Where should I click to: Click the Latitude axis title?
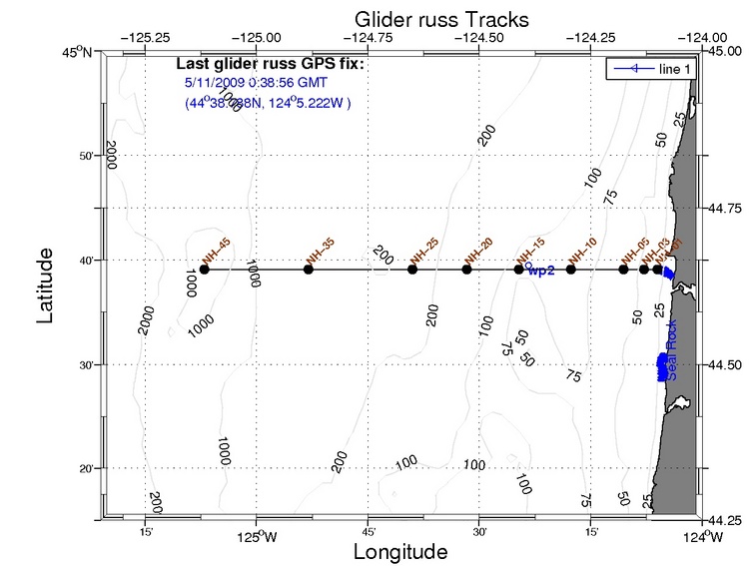46,285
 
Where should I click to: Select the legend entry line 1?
664,68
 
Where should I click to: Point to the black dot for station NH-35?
309,270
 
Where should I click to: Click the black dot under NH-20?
466,270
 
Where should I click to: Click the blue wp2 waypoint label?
540,270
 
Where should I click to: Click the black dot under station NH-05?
623,270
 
